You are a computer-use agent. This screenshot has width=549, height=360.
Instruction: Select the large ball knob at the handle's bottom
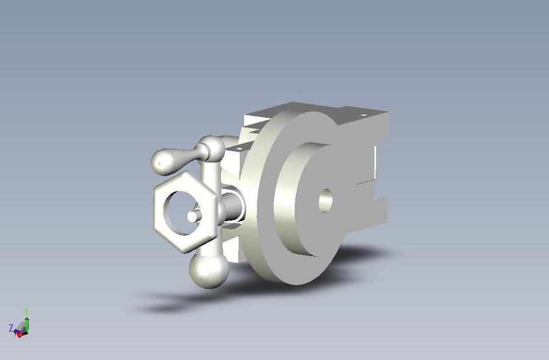[x=209, y=270]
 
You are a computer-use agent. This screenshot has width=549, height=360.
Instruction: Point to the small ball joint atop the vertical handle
[x=213, y=149]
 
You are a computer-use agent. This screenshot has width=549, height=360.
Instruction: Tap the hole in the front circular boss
[x=325, y=201]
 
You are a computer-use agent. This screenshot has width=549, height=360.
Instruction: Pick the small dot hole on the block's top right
[x=363, y=115]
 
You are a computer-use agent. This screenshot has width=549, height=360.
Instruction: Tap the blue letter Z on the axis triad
[x=11, y=327]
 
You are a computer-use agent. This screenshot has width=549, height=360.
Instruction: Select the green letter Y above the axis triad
[x=27, y=311]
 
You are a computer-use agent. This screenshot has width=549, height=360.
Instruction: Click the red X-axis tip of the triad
[x=19, y=335]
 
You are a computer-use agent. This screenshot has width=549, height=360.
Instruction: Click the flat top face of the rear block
[x=320, y=110]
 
